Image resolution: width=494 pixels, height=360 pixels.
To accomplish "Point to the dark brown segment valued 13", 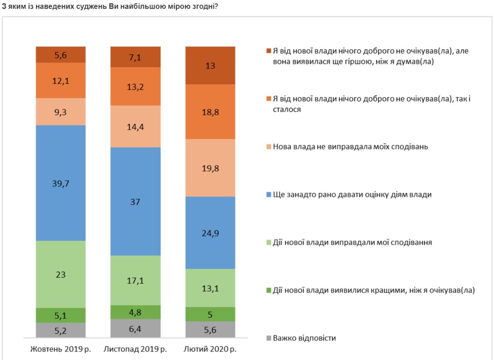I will point(210,65).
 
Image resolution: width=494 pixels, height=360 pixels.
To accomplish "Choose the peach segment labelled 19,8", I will point(210,167).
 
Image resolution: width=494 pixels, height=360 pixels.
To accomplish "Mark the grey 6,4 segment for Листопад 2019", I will point(135,328).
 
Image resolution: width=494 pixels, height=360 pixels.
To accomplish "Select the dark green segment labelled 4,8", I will point(135,312).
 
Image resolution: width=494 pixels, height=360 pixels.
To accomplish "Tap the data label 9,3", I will point(61,111).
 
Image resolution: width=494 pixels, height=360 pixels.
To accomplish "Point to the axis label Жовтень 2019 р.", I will point(61,349).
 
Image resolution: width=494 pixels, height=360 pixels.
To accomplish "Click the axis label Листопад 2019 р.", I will point(135,349).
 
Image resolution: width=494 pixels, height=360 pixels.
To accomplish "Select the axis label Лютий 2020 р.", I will point(210,349).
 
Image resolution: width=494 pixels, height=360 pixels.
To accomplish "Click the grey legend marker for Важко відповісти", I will point(268,339).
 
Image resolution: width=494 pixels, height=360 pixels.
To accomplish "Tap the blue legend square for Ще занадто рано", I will point(268,195).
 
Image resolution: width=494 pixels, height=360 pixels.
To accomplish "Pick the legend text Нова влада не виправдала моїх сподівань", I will point(350,146).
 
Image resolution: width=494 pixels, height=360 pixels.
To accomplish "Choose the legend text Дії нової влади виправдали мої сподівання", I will point(352,242).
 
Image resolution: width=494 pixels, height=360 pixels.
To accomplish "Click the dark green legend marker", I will point(268,290).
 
